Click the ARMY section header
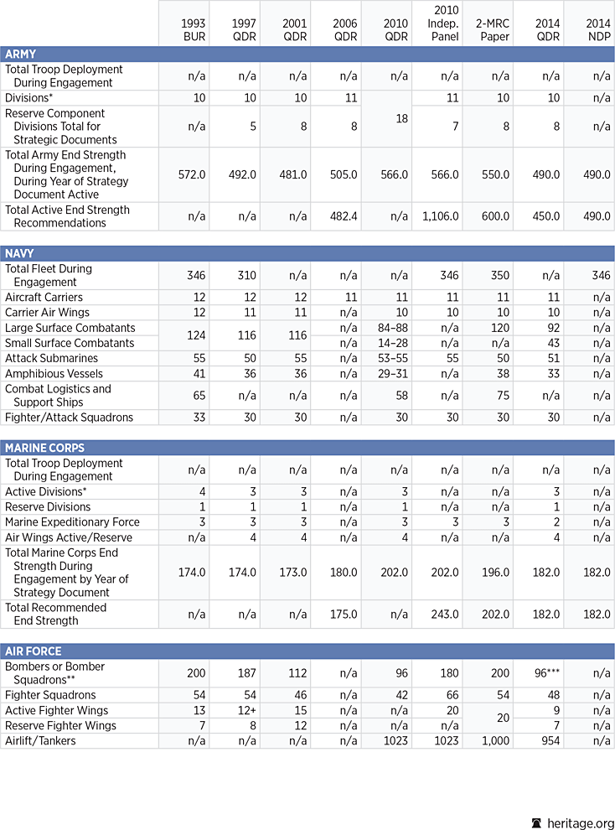tap(21, 54)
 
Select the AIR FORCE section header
tap(33, 651)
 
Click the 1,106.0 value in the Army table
tap(438, 216)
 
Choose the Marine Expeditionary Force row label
tap(73, 521)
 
